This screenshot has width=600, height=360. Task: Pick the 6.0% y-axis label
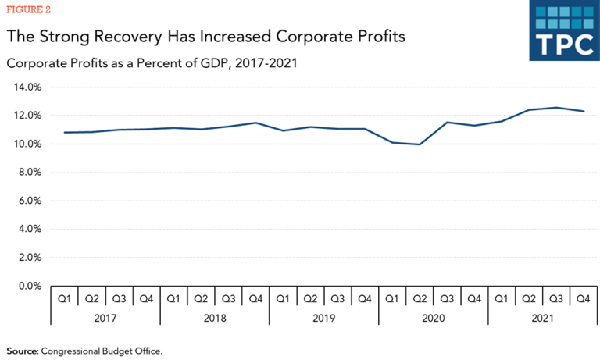[29, 201]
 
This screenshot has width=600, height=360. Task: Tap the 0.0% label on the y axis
[29, 287]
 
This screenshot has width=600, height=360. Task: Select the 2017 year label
[105, 318]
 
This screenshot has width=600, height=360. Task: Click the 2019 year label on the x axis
[324, 318]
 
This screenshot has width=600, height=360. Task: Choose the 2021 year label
[542, 318]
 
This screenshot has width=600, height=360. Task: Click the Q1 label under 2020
[392, 298]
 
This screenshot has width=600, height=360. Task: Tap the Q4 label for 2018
[255, 298]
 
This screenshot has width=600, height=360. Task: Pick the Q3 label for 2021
[556, 298]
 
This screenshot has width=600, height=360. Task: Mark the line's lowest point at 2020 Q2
[420, 144]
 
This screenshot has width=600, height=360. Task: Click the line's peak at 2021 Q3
[556, 108]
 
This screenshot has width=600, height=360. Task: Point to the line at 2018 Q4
[255, 123]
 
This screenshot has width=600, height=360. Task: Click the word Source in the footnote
[21, 351]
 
